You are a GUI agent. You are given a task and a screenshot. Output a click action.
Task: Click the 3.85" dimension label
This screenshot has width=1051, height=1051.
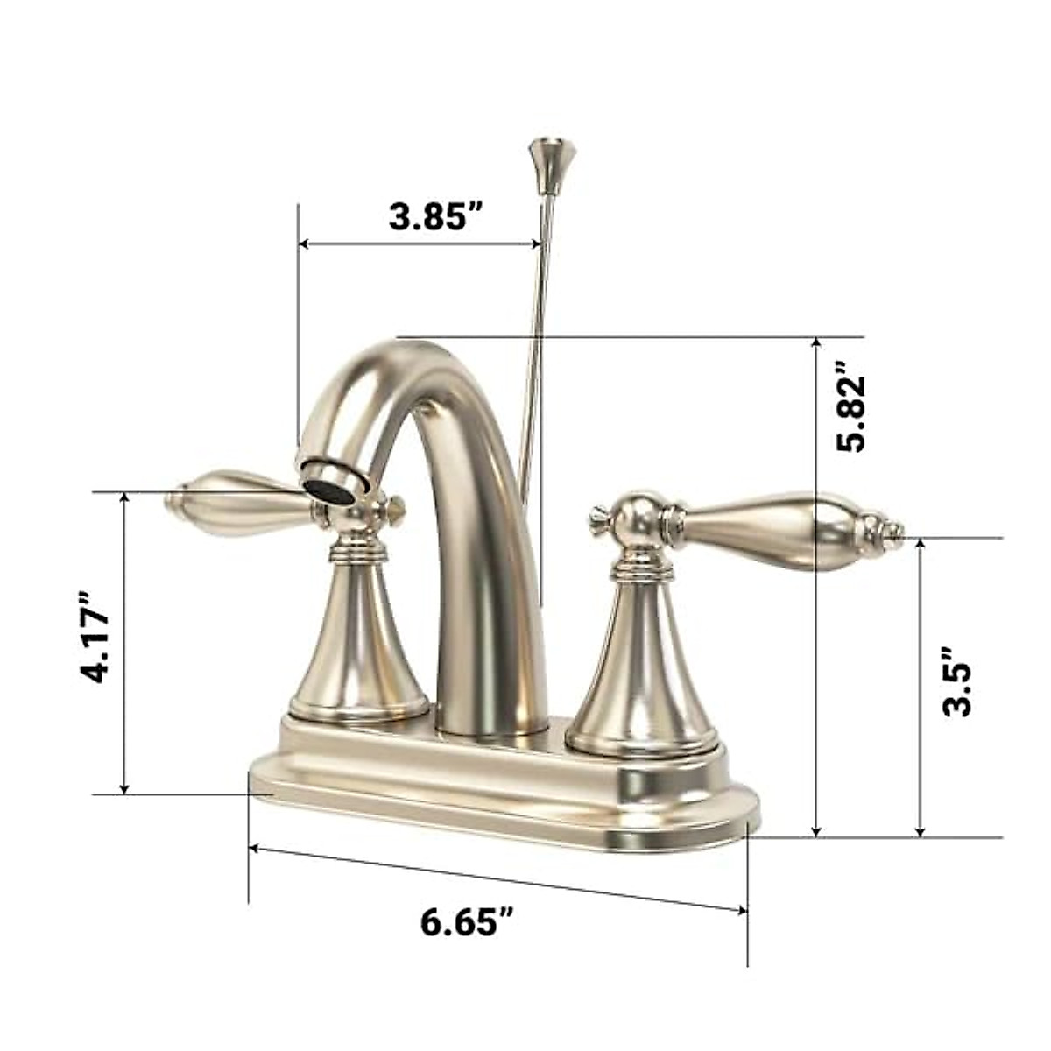pyautogui.click(x=436, y=216)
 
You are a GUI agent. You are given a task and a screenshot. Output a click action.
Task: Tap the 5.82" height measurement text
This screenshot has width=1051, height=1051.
pyautogui.click(x=850, y=406)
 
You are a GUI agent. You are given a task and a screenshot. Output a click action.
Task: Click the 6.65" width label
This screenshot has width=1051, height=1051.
pyautogui.click(x=467, y=921)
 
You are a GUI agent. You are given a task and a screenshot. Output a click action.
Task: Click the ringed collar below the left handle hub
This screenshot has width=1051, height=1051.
pyautogui.click(x=356, y=550)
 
